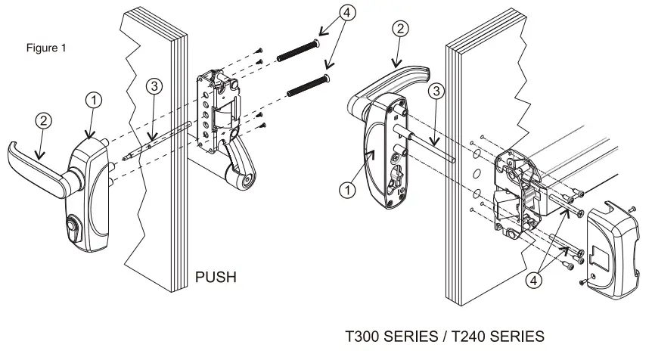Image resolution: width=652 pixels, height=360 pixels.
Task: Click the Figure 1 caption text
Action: tap(46, 48)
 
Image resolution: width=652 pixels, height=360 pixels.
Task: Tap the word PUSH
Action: tap(216, 278)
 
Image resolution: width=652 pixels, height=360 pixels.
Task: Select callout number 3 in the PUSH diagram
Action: tap(154, 86)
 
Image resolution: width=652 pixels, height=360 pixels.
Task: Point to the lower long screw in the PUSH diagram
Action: tap(309, 84)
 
